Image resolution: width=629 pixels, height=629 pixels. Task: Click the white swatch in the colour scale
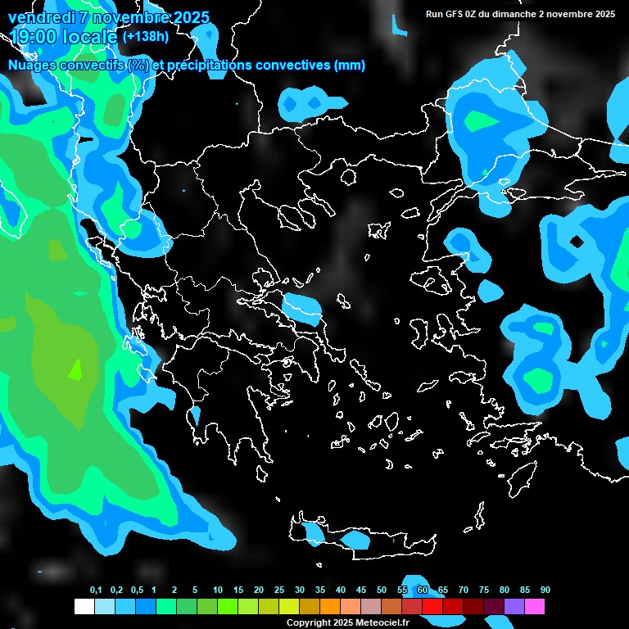84,607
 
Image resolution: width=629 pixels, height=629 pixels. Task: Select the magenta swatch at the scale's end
535,607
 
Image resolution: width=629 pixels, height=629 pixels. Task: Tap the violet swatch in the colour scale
514,607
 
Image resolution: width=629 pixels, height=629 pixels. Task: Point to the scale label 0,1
96,591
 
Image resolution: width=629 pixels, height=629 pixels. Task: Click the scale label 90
545,591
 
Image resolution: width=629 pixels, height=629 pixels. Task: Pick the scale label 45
361,591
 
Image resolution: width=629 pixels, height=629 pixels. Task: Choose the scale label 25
279,591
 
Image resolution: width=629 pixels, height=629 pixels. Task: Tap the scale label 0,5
137,591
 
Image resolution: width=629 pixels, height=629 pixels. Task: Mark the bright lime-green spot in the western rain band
75,370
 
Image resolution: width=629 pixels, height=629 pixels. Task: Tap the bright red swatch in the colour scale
432,607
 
